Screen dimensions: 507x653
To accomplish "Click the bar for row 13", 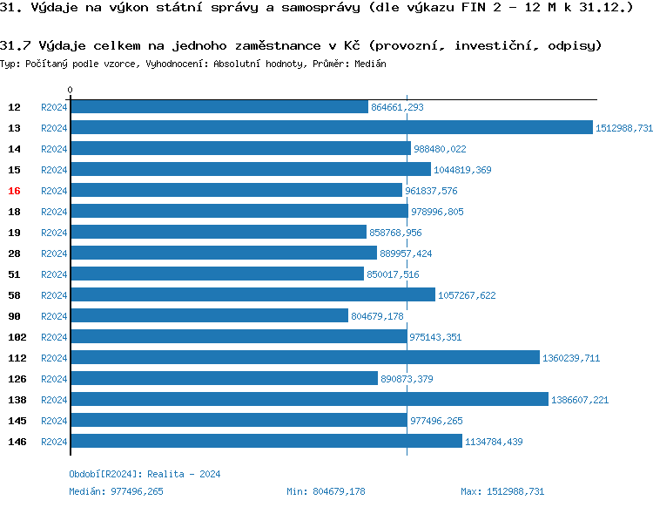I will [x=331, y=128].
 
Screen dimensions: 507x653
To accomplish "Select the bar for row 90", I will [x=209, y=316].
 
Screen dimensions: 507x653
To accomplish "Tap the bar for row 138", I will [x=309, y=400].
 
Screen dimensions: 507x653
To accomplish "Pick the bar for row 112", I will [x=305, y=358].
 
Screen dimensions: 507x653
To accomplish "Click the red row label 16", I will [x=14, y=191].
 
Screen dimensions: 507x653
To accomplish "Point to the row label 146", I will [x=17, y=442].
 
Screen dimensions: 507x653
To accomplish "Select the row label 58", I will [x=14, y=295].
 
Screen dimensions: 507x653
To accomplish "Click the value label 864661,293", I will [x=397, y=107].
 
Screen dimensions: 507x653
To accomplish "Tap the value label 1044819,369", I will [x=462, y=170].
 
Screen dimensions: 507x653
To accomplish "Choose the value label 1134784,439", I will [x=494, y=442].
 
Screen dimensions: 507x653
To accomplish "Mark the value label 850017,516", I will [x=393, y=274].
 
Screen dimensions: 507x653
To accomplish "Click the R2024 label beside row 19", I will [x=54, y=233].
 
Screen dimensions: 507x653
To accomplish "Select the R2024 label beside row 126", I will [x=54, y=379].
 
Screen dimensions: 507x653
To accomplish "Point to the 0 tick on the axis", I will [x=71, y=90].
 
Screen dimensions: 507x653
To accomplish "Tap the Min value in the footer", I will [x=326, y=491].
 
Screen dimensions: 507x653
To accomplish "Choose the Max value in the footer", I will [x=502, y=491].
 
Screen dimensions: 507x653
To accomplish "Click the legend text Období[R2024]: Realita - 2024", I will [x=145, y=474].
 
